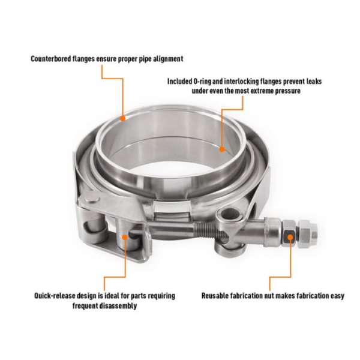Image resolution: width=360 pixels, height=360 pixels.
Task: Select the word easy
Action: coord(337,296)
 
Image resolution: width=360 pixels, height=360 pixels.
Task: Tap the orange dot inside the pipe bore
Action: coord(221,149)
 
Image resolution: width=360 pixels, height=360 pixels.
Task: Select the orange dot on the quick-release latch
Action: coord(125,236)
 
